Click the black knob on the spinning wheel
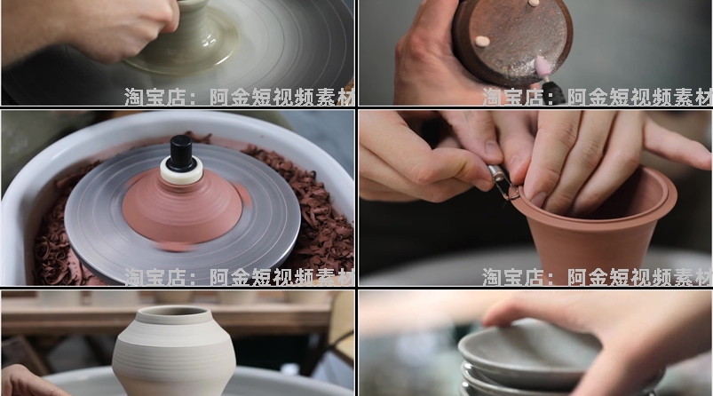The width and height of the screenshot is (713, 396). pyautogui.click(x=182, y=152)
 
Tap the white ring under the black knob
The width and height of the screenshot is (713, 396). pyautogui.click(x=181, y=173)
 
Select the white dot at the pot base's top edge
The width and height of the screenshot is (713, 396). pyautogui.click(x=535, y=4)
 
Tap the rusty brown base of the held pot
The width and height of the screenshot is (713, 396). pyautogui.click(x=511, y=40)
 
